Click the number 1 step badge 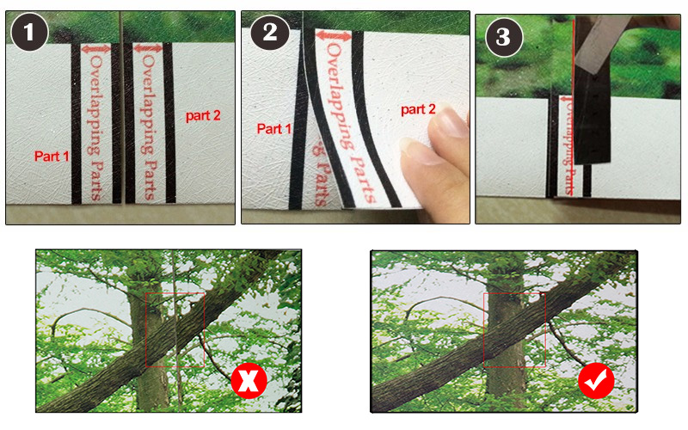pyautogui.click(x=29, y=32)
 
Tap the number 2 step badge pyautogui.click(x=270, y=32)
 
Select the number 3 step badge pyautogui.click(x=504, y=37)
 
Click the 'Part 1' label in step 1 pyautogui.click(x=52, y=157)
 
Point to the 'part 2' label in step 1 pyautogui.click(x=203, y=116)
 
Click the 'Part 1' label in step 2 pyautogui.click(x=273, y=128)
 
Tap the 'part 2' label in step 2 pyautogui.click(x=418, y=109)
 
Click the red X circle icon pyautogui.click(x=249, y=380)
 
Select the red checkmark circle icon pyautogui.click(x=596, y=380)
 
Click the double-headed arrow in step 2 pyautogui.click(x=334, y=35)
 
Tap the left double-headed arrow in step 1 pyautogui.click(x=96, y=49)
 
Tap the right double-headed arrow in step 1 pyautogui.click(x=148, y=48)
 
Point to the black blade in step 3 pyautogui.click(x=593, y=114)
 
